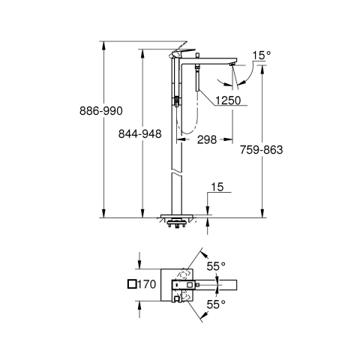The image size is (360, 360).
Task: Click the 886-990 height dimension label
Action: (x=101, y=111)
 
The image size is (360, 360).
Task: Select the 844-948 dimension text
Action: (x=139, y=134)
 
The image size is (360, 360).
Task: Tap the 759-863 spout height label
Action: (x=261, y=150)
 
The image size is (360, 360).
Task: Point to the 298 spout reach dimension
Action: (x=207, y=139)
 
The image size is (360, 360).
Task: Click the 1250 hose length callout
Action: (x=228, y=100)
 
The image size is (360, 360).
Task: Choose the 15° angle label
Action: (x=261, y=55)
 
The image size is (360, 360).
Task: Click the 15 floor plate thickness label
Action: (x=217, y=187)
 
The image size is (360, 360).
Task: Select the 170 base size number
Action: (x=146, y=284)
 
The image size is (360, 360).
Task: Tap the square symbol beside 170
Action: (x=132, y=284)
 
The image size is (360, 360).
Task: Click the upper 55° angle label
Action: (x=216, y=266)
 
